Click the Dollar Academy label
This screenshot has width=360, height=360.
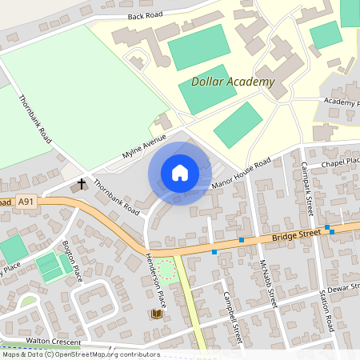(x=233, y=82)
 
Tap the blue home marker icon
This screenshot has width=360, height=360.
(x=180, y=173)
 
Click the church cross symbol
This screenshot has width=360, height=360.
(x=81, y=185)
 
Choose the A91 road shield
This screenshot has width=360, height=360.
(x=26, y=202)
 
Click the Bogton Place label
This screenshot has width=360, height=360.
(x=73, y=263)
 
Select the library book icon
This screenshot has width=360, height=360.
(x=155, y=314)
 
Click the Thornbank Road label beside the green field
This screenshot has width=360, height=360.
(x=34, y=120)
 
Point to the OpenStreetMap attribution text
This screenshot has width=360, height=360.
(x=81, y=354)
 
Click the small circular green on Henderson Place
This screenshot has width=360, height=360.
(x=166, y=271)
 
